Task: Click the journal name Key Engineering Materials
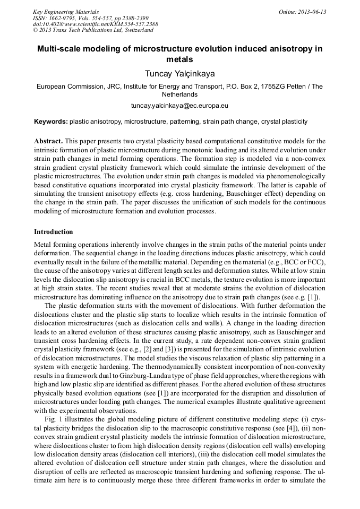click(x=65, y=11)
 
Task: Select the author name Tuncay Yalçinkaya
click(x=179, y=73)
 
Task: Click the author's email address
click(x=179, y=106)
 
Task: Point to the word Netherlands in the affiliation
click(x=179, y=94)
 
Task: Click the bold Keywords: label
click(x=51, y=122)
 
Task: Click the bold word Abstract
click(x=48, y=141)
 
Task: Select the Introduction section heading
click(x=54, y=232)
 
